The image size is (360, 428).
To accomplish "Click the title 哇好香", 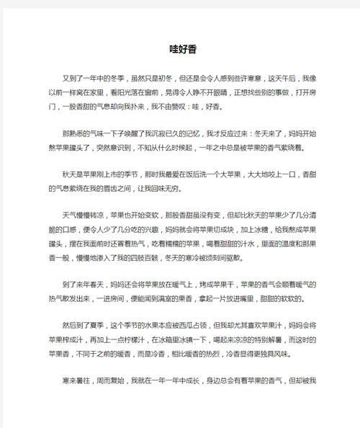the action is tap(179, 50).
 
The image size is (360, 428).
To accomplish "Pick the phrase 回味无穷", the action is tap(210, 189).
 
